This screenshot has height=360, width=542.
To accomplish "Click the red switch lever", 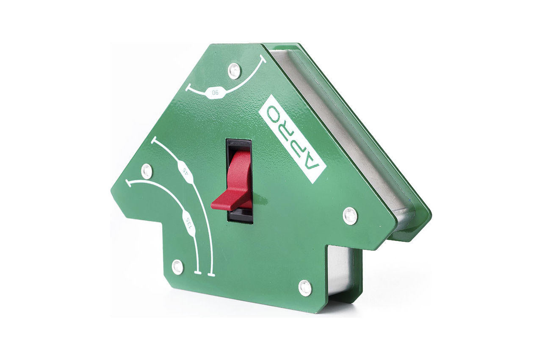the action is tap(232, 184).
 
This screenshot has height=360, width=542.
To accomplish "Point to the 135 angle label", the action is tap(189, 223).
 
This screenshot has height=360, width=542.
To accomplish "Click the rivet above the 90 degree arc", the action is tap(235, 70).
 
